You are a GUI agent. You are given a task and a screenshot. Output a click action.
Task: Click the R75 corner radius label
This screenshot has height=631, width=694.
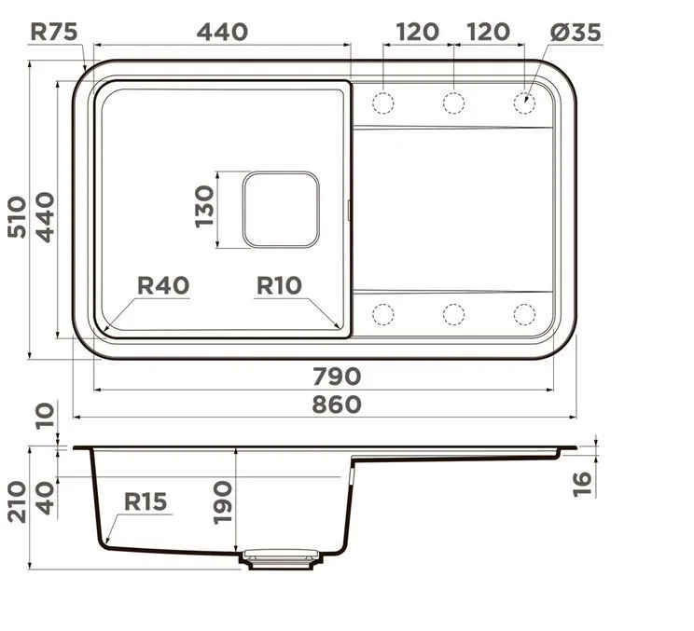point(53,32)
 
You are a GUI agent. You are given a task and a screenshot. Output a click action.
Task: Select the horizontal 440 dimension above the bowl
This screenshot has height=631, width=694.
point(222,33)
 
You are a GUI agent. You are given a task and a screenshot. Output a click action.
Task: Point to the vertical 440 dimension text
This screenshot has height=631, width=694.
point(45,217)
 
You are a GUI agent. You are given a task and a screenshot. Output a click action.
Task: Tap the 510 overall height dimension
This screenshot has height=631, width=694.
point(17,217)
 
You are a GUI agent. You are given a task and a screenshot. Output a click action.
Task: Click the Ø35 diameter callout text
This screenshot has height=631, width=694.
point(576,33)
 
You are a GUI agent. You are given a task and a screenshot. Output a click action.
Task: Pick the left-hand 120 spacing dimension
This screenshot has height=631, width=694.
point(417,33)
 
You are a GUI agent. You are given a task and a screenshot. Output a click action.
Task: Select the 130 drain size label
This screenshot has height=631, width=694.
point(204,207)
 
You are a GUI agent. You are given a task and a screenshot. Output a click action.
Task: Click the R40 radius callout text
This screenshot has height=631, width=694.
point(163,285)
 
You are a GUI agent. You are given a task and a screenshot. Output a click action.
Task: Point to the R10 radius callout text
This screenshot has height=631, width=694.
point(279,285)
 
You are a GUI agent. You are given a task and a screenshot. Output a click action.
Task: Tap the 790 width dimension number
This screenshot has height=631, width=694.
point(337,377)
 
